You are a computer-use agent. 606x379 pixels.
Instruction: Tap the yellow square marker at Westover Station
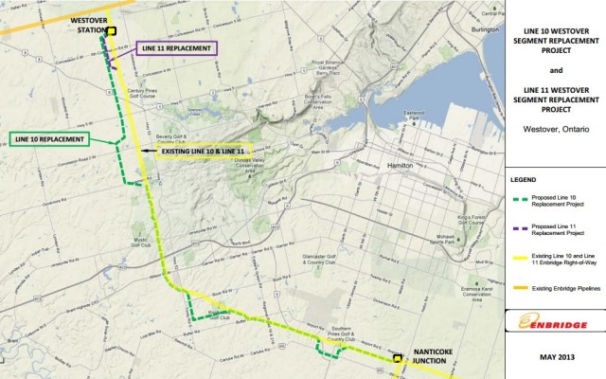click(112, 31)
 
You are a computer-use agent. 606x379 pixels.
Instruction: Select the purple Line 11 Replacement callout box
click(177, 47)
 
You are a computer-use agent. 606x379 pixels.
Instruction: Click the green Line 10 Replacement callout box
click(51, 139)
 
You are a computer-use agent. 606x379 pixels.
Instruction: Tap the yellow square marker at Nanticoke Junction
click(397, 359)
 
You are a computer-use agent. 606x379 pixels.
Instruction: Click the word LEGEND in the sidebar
click(524, 178)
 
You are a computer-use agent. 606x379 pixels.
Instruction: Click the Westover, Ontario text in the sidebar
click(555, 128)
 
